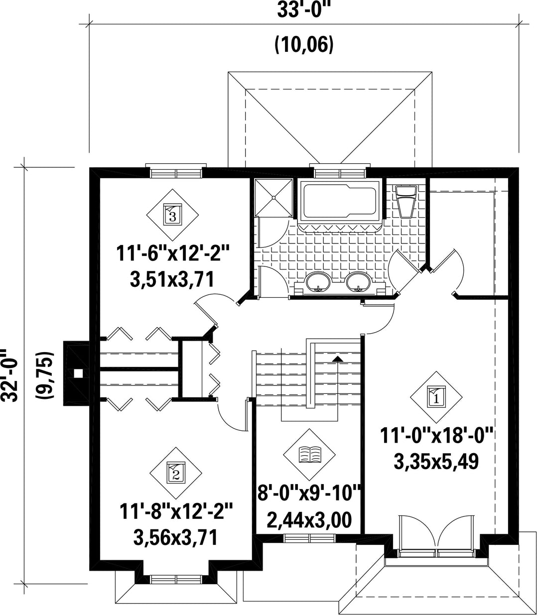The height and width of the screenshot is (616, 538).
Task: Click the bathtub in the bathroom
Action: coord(340,201)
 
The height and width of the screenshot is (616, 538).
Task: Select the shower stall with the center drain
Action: coord(273,198)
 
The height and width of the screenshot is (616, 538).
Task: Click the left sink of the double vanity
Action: coord(318,281)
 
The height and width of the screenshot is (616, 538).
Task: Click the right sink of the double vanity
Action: coord(358,281)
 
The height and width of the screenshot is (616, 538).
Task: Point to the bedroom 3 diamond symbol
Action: coord(172,215)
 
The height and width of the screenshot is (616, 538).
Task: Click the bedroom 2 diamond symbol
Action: coord(176,474)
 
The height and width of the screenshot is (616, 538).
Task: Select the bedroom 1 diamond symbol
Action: coord(436,397)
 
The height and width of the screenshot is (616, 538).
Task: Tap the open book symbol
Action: coord(309,454)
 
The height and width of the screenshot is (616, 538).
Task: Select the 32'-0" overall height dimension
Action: coord(9,375)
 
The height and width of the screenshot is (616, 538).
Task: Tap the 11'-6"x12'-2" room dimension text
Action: coord(173,254)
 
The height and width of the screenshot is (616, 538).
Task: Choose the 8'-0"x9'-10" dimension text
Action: coord(309,493)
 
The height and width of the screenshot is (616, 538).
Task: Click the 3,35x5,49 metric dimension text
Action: coord(436,462)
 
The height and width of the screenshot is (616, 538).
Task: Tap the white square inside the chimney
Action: coord(79,373)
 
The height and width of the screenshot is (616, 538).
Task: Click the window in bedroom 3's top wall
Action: coord(176,172)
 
